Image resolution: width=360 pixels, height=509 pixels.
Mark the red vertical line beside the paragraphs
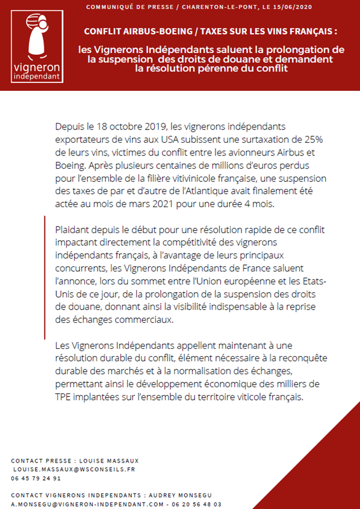click(45, 278)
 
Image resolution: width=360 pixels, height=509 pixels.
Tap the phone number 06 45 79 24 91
click(36, 478)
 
